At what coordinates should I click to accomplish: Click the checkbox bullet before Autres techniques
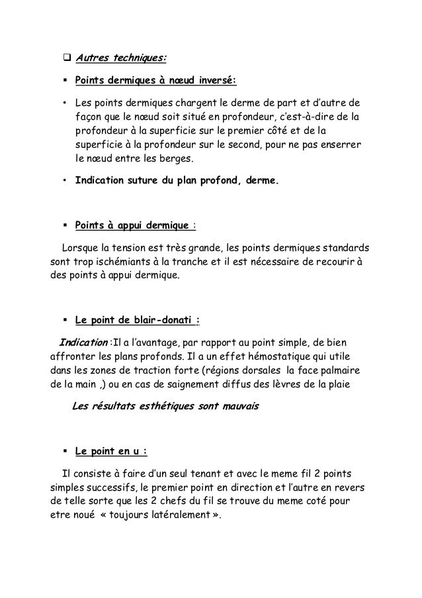tap(67, 59)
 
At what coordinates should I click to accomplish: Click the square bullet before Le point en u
tap(66, 452)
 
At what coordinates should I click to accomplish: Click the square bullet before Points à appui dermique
tap(66, 226)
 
